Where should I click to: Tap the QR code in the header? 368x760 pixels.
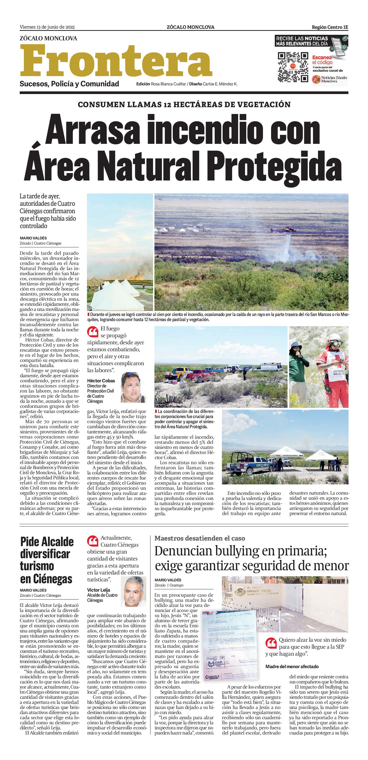tap(293, 67)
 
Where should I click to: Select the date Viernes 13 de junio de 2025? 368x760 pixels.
tap(47, 27)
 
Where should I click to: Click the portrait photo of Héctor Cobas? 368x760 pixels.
tap(134, 387)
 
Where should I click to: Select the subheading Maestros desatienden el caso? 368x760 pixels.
tap(200, 538)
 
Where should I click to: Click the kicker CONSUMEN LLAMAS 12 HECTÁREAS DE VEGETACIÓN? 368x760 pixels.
tap(184, 104)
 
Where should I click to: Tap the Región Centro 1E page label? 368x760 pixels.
tap(330, 27)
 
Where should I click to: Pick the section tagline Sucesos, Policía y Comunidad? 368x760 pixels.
tap(69, 84)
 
